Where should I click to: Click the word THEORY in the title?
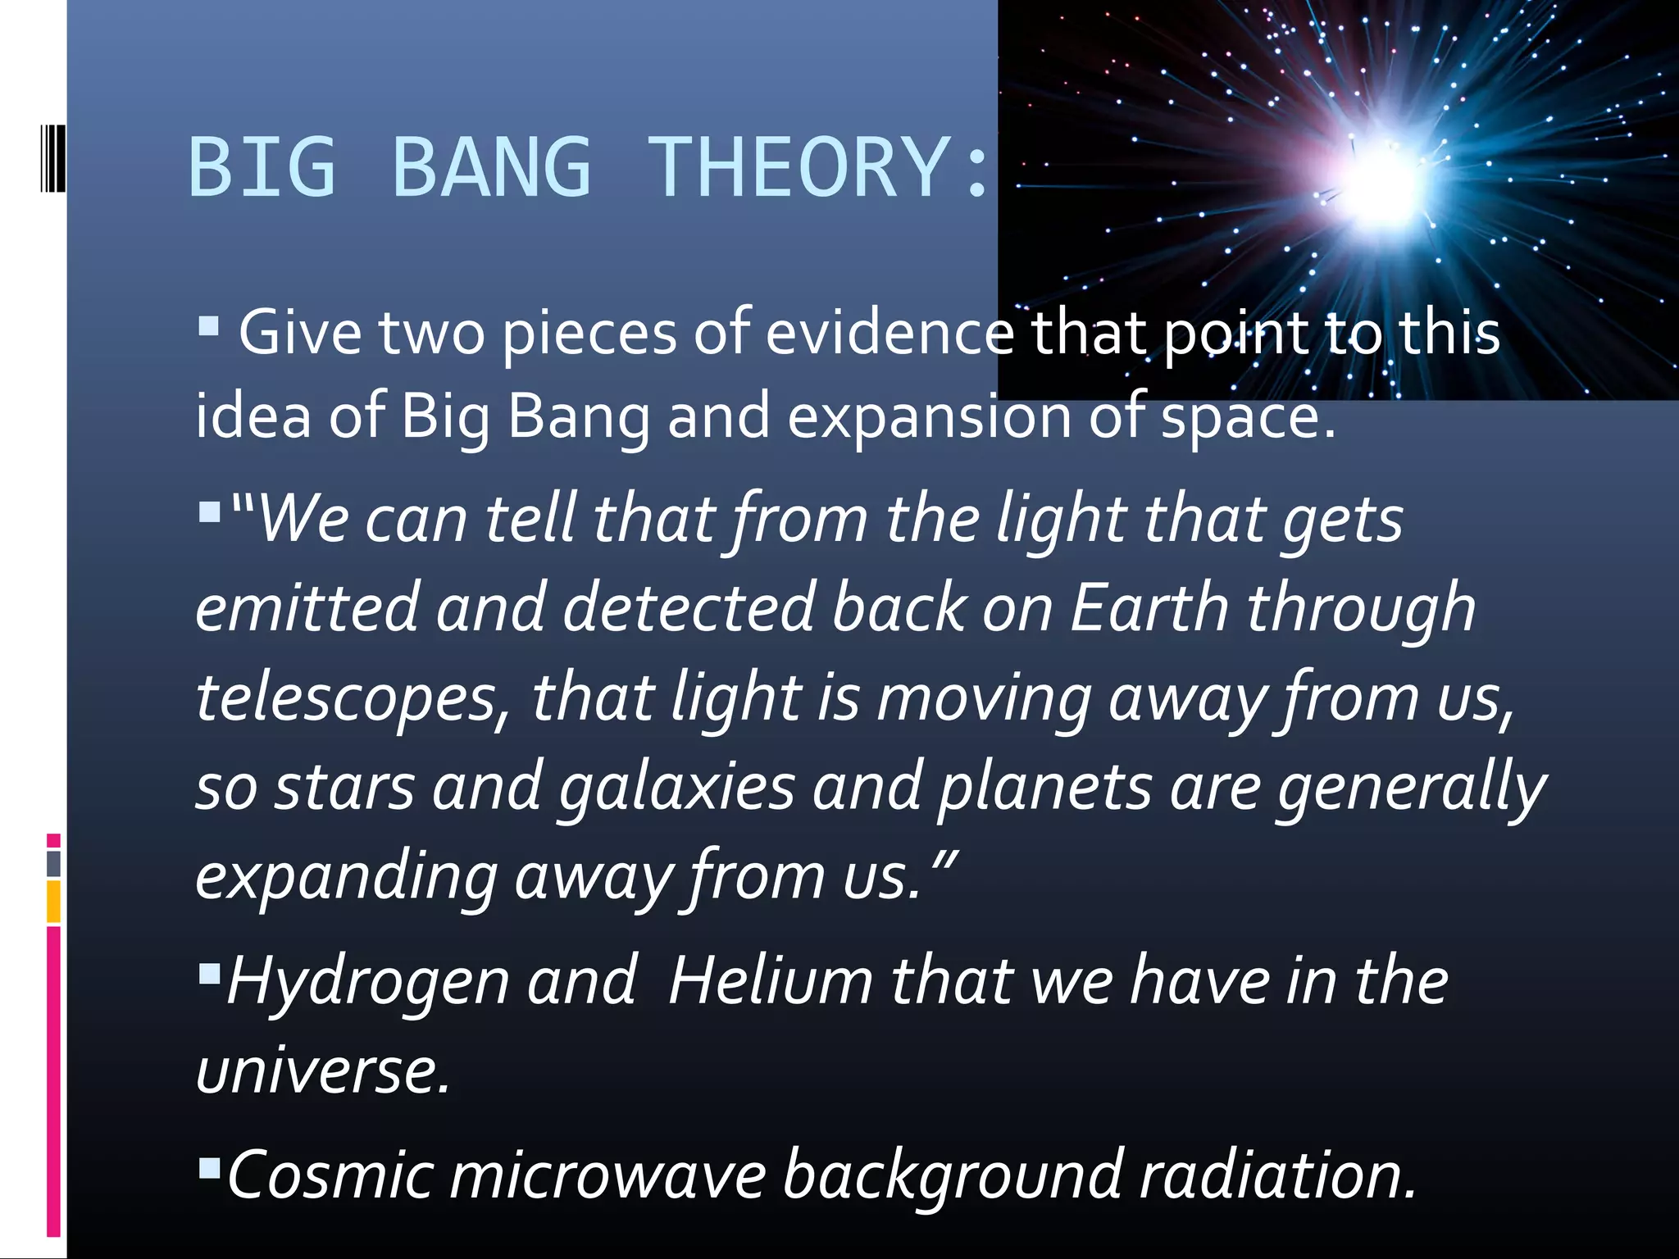[x=799, y=167]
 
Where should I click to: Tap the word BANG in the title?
[x=492, y=167]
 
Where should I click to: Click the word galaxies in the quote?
[x=676, y=788]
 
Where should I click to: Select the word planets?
[x=1045, y=788]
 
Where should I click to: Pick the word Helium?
[x=771, y=981]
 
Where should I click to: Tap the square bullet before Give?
[x=208, y=327]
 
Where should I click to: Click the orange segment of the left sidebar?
[x=53, y=902]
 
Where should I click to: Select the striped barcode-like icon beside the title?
[x=52, y=159]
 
